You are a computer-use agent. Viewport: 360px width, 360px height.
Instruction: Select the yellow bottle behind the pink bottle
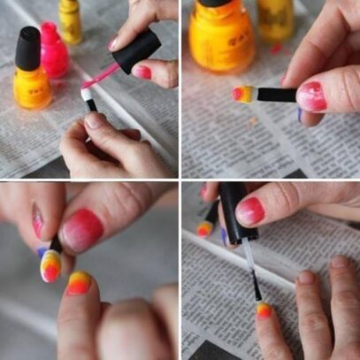click(x=71, y=21)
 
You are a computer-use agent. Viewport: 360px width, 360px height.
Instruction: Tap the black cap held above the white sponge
click(x=136, y=51)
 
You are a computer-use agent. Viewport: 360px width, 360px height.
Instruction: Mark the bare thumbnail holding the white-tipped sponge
click(x=96, y=119)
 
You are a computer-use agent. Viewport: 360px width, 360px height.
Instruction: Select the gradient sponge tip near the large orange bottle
click(x=241, y=94)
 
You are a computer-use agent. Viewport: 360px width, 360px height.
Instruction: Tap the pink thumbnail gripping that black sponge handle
click(x=311, y=96)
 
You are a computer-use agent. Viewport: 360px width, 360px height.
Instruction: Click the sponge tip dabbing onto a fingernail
click(x=50, y=264)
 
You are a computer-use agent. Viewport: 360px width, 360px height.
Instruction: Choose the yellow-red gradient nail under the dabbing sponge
click(x=78, y=282)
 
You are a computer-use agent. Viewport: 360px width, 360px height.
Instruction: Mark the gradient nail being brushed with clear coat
click(x=263, y=310)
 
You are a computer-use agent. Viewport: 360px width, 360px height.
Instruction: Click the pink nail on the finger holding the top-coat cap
click(x=251, y=210)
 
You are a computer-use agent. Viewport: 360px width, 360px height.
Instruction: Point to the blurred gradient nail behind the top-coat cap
click(x=204, y=229)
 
